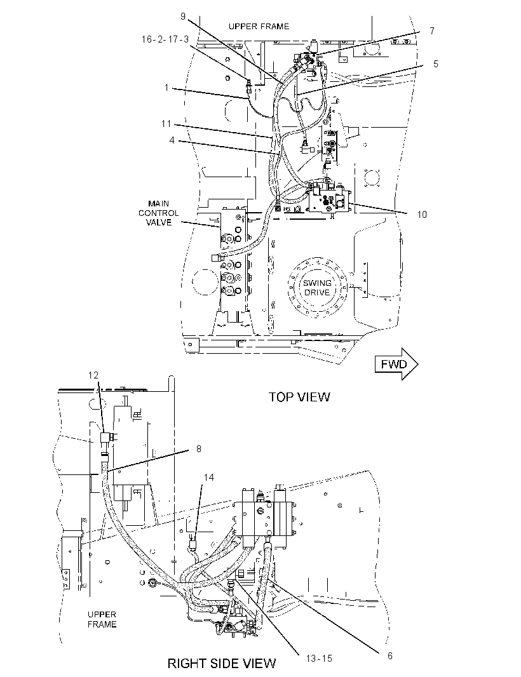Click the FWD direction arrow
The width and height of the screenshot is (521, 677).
point(396,364)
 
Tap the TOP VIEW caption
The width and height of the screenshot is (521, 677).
point(299,397)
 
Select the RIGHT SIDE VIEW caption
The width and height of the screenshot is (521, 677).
point(222,663)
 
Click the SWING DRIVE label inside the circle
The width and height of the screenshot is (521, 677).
point(317,288)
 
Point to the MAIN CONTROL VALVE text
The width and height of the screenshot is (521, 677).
point(159,213)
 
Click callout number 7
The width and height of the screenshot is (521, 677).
point(431,31)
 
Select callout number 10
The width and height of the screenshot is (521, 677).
point(422,214)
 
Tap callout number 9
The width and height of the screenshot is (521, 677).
point(183,17)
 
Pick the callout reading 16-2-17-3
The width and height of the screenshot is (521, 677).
point(165,39)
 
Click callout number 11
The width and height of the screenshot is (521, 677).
point(166,124)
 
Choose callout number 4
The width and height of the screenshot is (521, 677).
point(172,140)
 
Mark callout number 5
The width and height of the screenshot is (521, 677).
point(436,64)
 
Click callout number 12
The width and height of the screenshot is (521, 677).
point(93,375)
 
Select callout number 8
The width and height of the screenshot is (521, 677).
point(199,449)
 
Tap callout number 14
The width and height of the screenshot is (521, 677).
point(208,477)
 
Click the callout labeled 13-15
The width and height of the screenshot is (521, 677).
point(319,659)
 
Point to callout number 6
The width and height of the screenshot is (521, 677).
point(389,656)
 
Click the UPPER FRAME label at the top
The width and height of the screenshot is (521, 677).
point(259,26)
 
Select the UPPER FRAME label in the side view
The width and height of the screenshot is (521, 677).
point(102,619)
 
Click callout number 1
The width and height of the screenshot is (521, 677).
point(166,88)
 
